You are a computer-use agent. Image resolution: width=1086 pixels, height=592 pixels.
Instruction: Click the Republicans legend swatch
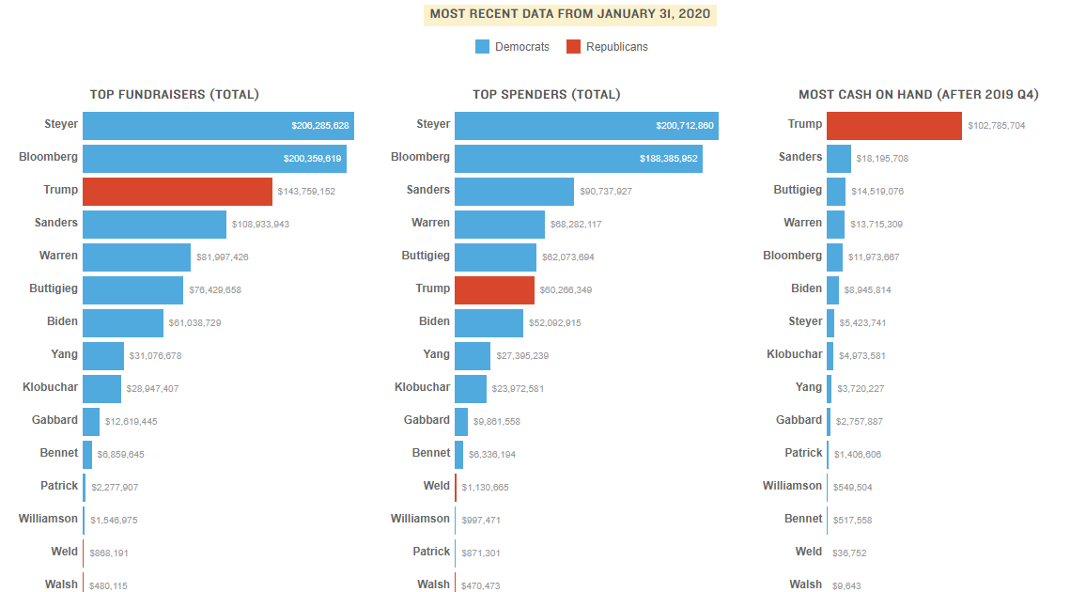[573, 47]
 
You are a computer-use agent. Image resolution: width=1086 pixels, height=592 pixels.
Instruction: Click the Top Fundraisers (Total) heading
[175, 94]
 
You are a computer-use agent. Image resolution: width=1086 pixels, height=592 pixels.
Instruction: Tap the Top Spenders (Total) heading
[546, 94]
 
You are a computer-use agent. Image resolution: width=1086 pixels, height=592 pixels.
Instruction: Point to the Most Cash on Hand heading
[918, 94]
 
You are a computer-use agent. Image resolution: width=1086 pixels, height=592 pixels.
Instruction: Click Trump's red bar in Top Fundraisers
[178, 191]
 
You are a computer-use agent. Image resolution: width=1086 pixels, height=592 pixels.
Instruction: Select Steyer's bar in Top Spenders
[586, 126]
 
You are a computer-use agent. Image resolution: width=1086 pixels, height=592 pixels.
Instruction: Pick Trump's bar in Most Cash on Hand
[894, 125]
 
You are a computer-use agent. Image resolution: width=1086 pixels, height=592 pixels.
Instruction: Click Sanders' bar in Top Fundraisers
[154, 224]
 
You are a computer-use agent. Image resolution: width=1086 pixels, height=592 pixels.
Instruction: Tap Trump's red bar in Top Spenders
[494, 289]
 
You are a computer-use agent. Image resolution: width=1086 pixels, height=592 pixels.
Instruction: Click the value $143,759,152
[306, 192]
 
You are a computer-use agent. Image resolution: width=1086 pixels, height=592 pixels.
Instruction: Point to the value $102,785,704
[996, 126]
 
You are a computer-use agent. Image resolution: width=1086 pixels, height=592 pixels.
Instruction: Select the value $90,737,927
[606, 192]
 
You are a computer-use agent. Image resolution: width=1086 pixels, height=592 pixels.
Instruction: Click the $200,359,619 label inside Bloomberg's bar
[312, 159]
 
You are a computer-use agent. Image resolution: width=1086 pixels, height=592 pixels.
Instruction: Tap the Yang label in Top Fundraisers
[65, 354]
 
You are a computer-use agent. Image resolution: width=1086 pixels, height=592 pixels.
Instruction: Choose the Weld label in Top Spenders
[437, 486]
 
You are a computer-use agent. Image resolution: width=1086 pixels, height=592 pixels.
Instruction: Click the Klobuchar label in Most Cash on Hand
[794, 354]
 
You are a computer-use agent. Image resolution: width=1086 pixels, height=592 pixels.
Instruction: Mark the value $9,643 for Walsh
[846, 585]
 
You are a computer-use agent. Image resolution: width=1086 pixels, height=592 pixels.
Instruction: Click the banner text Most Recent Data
[569, 14]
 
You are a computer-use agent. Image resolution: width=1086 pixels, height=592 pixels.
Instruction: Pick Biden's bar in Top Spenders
[489, 322]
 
